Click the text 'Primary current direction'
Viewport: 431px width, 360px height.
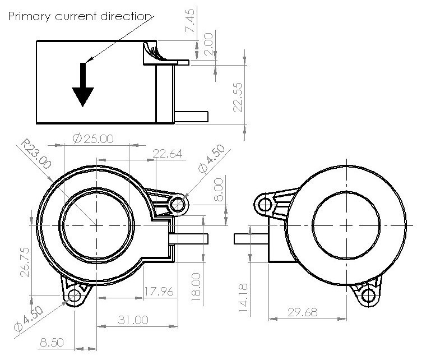[x=79, y=17]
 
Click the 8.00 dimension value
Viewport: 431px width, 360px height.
[x=218, y=189]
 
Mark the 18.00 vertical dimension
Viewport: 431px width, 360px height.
[x=196, y=287]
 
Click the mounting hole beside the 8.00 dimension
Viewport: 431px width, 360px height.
[x=177, y=204]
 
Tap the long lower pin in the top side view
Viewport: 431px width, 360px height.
[x=191, y=117]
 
